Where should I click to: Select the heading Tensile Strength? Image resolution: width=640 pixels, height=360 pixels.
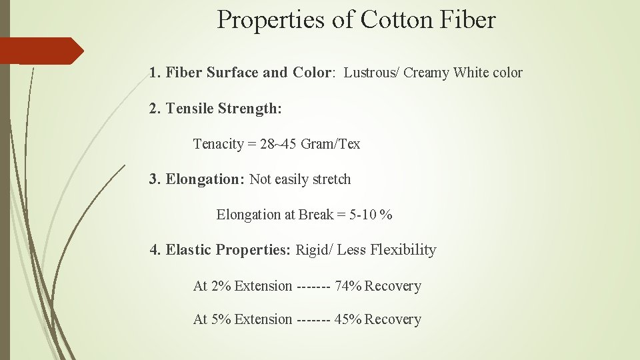[x=223, y=108]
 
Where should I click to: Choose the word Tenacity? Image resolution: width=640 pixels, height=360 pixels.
[x=218, y=144]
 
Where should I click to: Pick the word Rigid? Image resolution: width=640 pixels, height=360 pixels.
[x=311, y=250]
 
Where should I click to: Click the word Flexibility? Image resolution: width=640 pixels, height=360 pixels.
[x=403, y=250]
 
